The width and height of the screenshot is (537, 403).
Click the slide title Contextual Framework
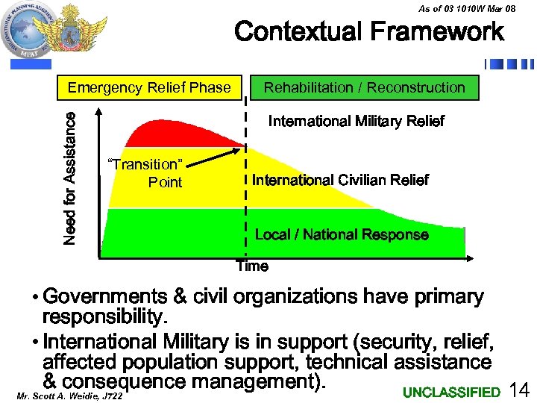tap(369, 33)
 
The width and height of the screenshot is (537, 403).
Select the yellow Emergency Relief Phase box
tap(149, 88)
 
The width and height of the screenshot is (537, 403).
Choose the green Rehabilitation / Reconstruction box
tap(365, 88)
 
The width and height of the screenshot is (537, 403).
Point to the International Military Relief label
tap(356, 122)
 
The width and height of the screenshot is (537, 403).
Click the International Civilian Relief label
tap(340, 181)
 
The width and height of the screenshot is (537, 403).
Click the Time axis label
tap(252, 266)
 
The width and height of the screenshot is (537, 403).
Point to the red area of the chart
tap(172, 133)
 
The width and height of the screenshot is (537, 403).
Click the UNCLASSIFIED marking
tap(451, 393)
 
